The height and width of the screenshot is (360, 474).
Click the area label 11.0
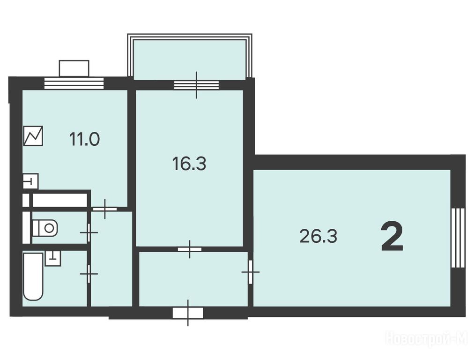84,140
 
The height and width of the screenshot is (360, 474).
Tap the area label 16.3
189,164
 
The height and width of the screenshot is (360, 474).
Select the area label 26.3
318,236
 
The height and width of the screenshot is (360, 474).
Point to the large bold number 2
392,236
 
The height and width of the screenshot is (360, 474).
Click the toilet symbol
45,228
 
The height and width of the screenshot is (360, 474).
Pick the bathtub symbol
33,277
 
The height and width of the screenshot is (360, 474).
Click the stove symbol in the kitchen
33,136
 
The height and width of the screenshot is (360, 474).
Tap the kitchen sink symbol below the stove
30,181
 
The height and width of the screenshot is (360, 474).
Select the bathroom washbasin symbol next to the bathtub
53,258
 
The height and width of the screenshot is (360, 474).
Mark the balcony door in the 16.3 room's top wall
196,85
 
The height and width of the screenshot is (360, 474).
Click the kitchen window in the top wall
74,83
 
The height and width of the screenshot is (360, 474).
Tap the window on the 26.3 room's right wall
458,238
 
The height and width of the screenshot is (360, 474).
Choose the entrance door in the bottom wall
188,313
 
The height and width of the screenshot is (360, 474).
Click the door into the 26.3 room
250,272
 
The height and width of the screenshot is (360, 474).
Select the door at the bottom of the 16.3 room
190,249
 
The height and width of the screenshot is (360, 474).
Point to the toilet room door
89,232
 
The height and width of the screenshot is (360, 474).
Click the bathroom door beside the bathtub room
89,274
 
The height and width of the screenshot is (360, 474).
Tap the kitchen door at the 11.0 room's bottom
104,209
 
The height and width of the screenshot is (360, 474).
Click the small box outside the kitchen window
74,68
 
